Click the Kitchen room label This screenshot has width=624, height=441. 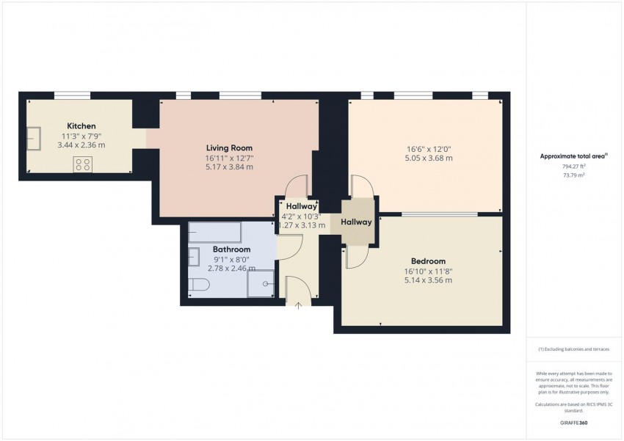coord(81,126)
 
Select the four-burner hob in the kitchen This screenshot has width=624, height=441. coord(82,165)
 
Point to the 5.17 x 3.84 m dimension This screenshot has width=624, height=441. coord(229,167)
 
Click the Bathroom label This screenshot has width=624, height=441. coord(232,249)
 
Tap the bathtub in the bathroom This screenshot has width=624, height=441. coord(214,233)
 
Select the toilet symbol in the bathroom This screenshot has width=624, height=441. coord(197,286)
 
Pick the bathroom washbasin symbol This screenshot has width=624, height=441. coord(194,258)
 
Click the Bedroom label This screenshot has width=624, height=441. coord(428,261)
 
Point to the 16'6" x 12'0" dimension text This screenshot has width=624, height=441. coord(429,148)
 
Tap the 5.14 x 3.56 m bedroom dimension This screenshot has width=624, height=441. coord(428,280)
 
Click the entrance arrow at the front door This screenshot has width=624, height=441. coord(299,305)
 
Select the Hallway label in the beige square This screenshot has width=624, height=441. coord(356,222)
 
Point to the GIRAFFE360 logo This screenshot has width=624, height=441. coord(574,423)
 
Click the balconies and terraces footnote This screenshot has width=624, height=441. coord(574,349)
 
